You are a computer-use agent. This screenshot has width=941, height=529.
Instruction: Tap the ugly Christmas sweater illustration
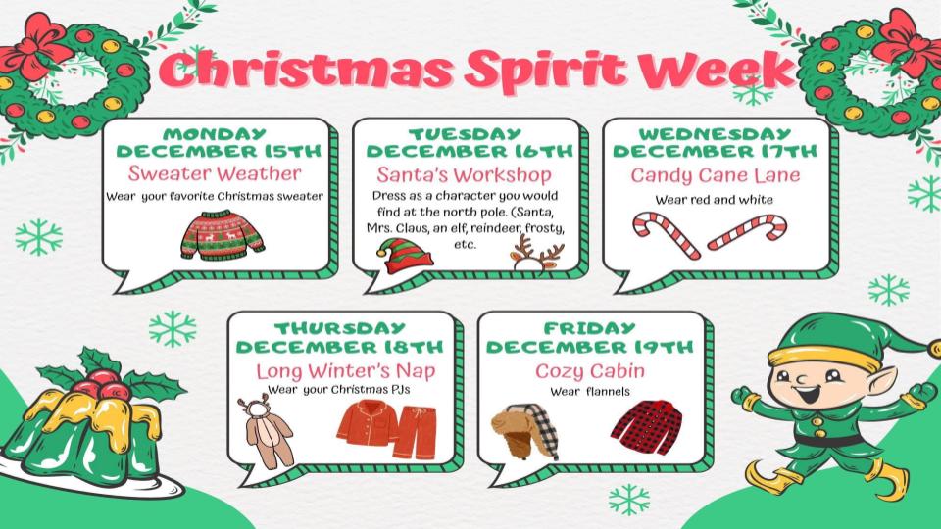tap(223, 233)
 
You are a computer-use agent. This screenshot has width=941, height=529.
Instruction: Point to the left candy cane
tap(665, 235)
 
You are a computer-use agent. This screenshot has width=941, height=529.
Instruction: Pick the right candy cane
tap(747, 233)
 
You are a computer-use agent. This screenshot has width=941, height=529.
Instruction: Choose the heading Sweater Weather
tap(215, 173)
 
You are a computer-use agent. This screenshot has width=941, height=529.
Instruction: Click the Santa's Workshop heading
tap(464, 175)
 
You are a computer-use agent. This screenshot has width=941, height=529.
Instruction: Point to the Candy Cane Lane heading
tap(715, 175)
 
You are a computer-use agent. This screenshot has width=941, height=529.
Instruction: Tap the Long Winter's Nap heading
tap(345, 371)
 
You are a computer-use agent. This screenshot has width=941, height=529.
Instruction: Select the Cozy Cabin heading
tap(589, 371)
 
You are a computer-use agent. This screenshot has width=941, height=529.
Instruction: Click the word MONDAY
tap(215, 133)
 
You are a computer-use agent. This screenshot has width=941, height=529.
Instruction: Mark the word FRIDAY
tap(589, 328)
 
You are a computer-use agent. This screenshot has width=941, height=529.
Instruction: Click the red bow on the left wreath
tap(38, 44)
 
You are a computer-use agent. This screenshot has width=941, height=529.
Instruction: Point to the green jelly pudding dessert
tap(83, 431)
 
